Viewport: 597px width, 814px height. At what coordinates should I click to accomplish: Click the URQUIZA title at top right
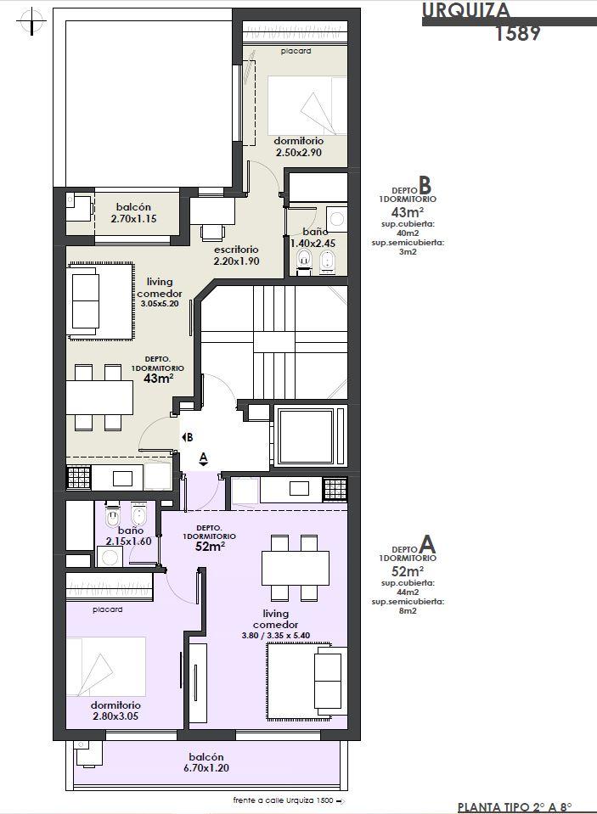point(466,10)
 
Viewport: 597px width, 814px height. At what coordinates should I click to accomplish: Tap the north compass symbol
point(31,22)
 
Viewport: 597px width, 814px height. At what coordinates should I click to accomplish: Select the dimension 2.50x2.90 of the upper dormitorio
point(298,153)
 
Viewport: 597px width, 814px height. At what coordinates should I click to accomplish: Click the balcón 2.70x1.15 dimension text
point(133,218)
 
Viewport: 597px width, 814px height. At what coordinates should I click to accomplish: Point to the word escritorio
point(236,250)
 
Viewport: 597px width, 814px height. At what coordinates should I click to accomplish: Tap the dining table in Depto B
point(99,397)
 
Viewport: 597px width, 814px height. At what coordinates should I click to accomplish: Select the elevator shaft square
point(305,436)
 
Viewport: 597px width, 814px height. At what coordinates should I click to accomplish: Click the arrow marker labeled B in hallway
point(187,437)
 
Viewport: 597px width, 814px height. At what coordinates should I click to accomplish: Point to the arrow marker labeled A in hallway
point(204,458)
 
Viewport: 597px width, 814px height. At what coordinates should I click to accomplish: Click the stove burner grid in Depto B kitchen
point(78,478)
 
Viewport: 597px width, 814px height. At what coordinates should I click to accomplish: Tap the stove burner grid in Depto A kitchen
point(335,490)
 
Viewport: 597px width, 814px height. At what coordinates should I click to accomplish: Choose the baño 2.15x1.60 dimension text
point(129,542)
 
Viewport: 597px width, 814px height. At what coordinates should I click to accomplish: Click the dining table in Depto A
point(296,568)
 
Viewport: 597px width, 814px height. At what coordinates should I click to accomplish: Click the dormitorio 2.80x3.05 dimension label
point(115,716)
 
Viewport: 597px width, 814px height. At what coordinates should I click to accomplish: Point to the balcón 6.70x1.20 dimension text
point(206,768)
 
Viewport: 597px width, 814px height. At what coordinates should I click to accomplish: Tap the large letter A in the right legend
point(427,545)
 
